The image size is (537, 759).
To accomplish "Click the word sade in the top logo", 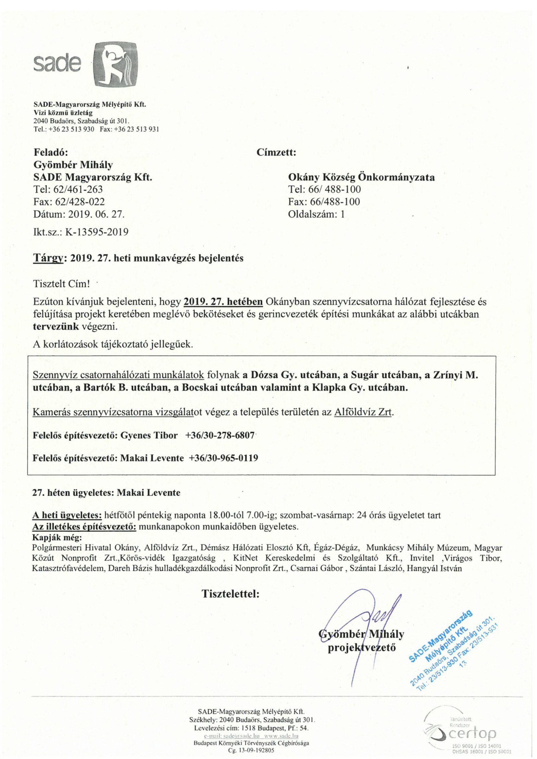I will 58,65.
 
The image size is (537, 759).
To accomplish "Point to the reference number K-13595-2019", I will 97,232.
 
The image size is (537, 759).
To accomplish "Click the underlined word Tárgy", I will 48,258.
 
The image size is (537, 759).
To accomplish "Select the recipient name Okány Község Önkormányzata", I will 361,178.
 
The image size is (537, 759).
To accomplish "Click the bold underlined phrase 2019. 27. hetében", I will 223,302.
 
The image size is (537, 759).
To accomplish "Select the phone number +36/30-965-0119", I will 223,458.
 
